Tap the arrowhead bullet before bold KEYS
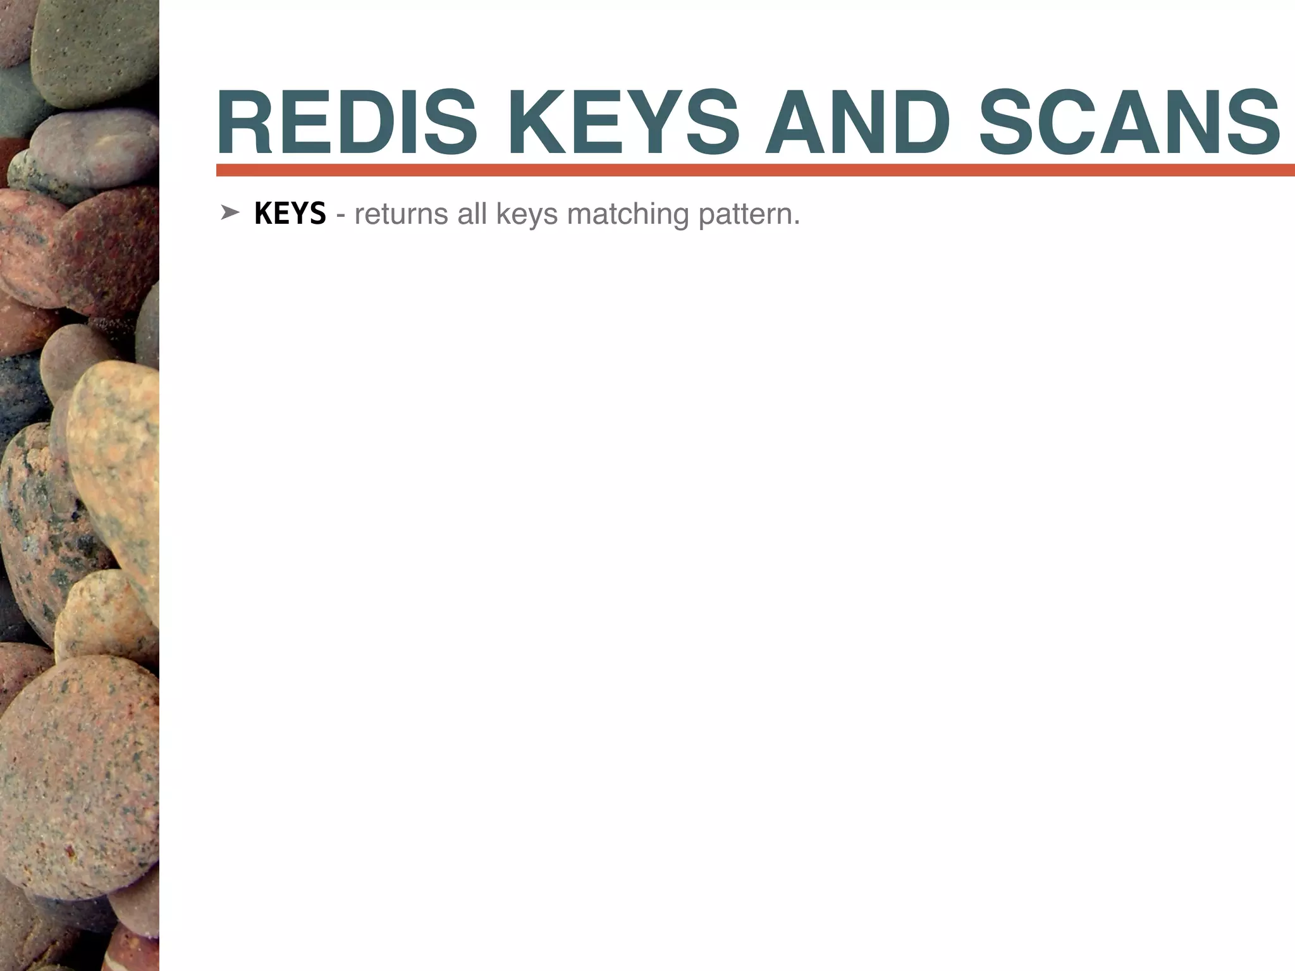[x=229, y=214]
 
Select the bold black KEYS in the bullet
[x=290, y=214]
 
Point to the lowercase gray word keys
[x=527, y=215]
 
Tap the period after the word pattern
[x=797, y=223]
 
